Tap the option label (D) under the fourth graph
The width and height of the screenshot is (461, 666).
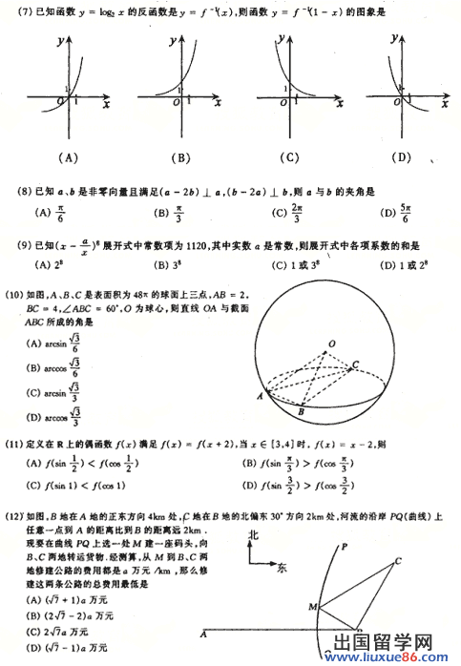pos(400,157)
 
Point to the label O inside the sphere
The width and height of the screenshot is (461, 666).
pos(331,343)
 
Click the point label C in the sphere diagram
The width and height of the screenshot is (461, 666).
pos(356,364)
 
